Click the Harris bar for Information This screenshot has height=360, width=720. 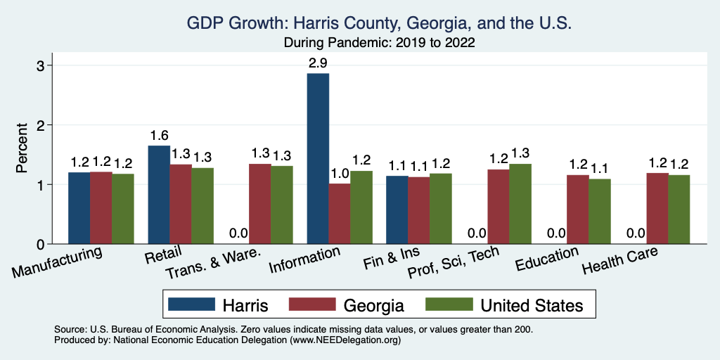tap(318, 159)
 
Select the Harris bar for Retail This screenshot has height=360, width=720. tap(159, 195)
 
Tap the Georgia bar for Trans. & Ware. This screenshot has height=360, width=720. tap(260, 204)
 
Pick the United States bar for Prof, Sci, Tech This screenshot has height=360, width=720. tap(520, 204)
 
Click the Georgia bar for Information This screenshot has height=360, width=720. tap(340, 214)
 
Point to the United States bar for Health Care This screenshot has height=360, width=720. tap(679, 210)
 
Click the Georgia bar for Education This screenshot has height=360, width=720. tap(578, 210)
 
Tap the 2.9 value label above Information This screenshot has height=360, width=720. tap(318, 63)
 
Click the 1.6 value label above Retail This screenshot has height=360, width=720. tap(159, 135)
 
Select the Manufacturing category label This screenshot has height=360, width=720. tap(58, 261)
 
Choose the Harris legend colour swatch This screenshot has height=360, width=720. tap(191, 304)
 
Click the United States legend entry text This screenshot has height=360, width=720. tap(532, 304)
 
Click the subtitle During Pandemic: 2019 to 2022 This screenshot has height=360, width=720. tap(380, 43)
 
